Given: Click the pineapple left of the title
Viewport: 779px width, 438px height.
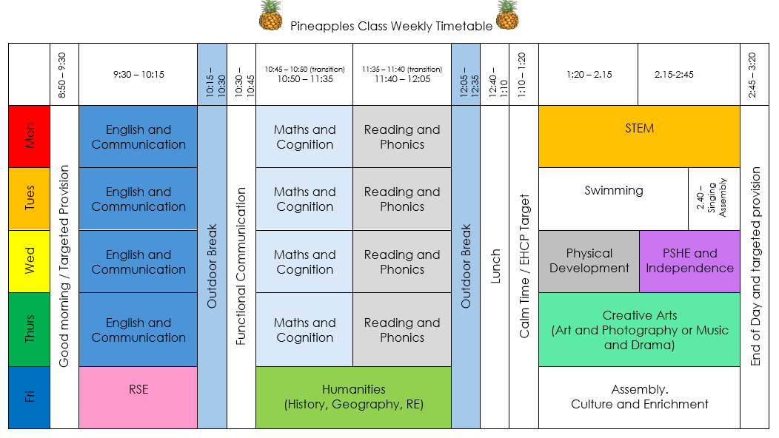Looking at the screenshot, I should pyautogui.click(x=270, y=16).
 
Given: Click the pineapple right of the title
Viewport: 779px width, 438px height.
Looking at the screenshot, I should pyautogui.click(x=507, y=16).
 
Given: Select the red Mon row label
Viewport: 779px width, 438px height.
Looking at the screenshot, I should pyautogui.click(x=30, y=136).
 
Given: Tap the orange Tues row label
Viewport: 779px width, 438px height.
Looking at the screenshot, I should pyautogui.click(x=30, y=198).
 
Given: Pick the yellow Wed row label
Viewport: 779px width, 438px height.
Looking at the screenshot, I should pyautogui.click(x=30, y=261).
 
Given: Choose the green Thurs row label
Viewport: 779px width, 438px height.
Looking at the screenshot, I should pyautogui.click(x=30, y=329).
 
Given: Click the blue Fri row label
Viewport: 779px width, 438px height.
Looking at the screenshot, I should pyautogui.click(x=30, y=397).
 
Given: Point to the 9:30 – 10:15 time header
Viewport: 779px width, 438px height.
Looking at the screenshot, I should pyautogui.click(x=138, y=74).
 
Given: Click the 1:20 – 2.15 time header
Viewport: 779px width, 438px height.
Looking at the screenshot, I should pyautogui.click(x=589, y=74).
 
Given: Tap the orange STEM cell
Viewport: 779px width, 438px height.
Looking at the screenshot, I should pyautogui.click(x=639, y=136).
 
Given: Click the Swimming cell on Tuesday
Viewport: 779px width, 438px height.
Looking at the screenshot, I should pyautogui.click(x=614, y=198).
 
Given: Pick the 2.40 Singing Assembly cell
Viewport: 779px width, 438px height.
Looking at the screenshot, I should pyautogui.click(x=714, y=198).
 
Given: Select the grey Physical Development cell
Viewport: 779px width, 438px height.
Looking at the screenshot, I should pyautogui.click(x=589, y=261).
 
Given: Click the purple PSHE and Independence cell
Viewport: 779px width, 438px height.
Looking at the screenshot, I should pyautogui.click(x=689, y=261).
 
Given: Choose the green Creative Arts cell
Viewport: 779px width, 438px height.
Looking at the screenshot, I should pyautogui.click(x=639, y=329).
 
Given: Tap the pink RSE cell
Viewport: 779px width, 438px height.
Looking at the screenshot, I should pyautogui.click(x=138, y=397).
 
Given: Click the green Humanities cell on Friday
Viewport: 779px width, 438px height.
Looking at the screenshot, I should pyautogui.click(x=353, y=397).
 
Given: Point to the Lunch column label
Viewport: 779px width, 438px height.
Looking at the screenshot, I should pyautogui.click(x=495, y=266).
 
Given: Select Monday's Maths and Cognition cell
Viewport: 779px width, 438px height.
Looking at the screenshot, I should pyautogui.click(x=304, y=136).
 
